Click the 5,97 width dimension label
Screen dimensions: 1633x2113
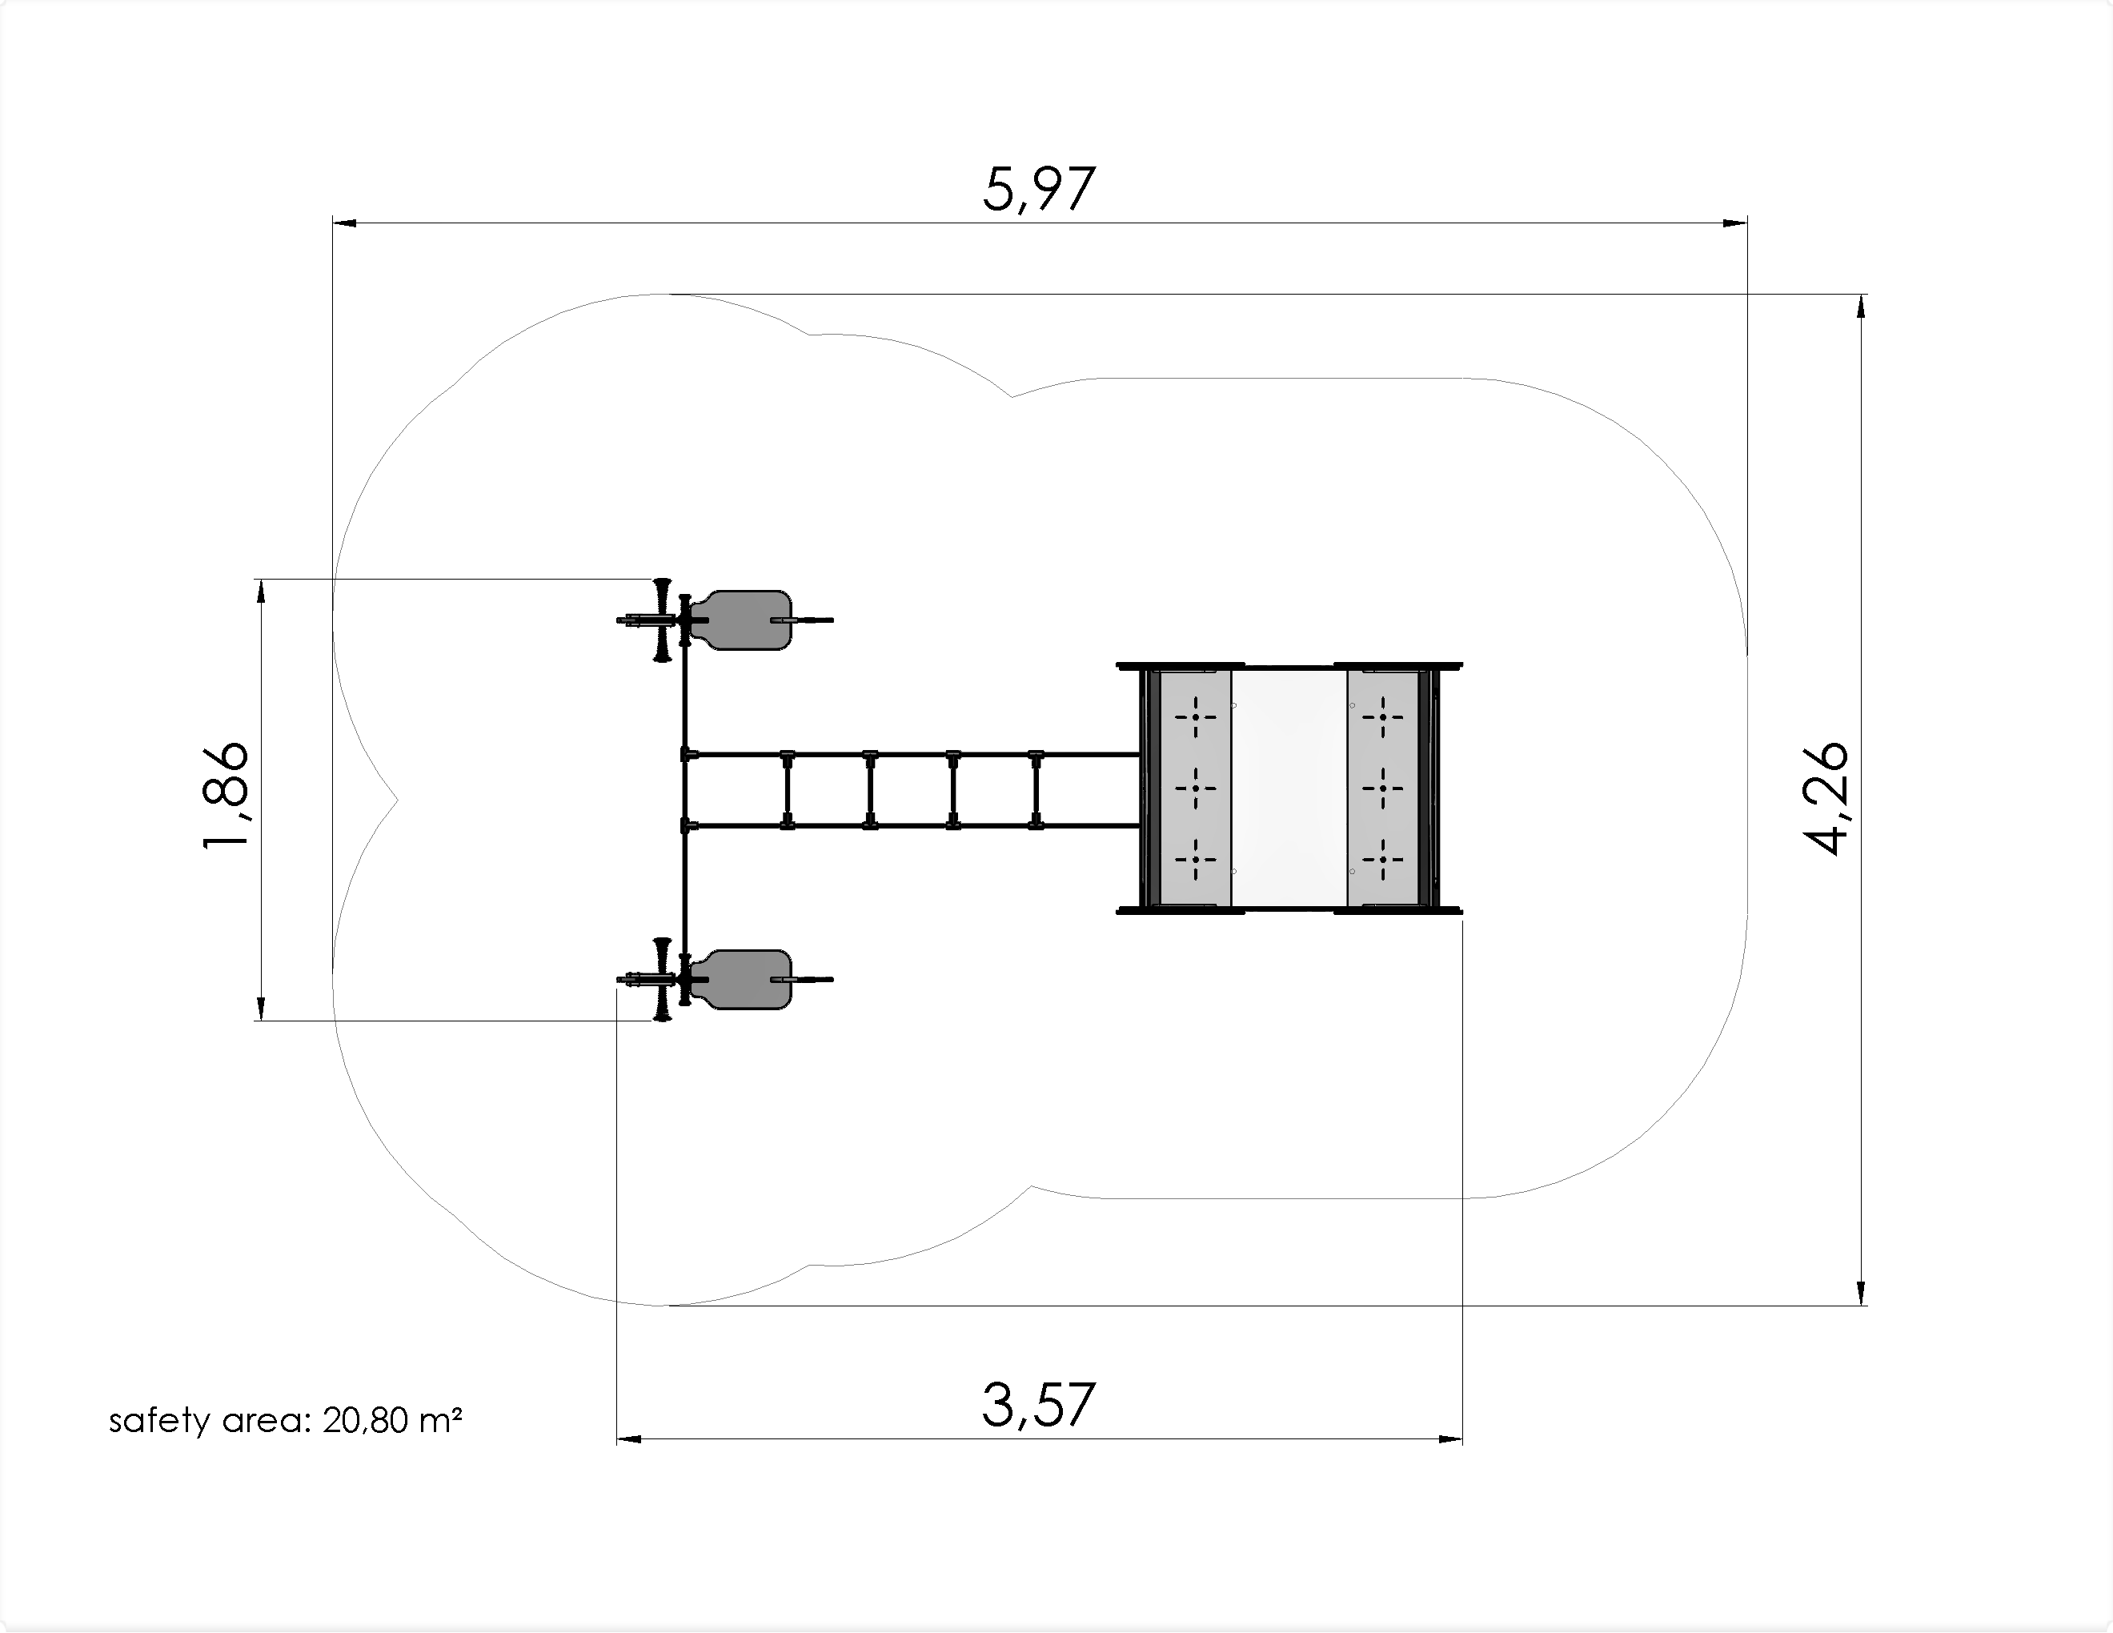click(x=1038, y=190)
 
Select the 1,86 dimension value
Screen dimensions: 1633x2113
click(x=227, y=795)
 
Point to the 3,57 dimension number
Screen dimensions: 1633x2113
click(x=1038, y=1405)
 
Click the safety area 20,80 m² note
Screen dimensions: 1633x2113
click(x=286, y=1420)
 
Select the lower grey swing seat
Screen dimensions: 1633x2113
click(x=746, y=979)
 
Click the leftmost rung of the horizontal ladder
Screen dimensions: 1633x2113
click(x=788, y=789)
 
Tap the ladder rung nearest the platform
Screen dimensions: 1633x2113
click(x=1036, y=789)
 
